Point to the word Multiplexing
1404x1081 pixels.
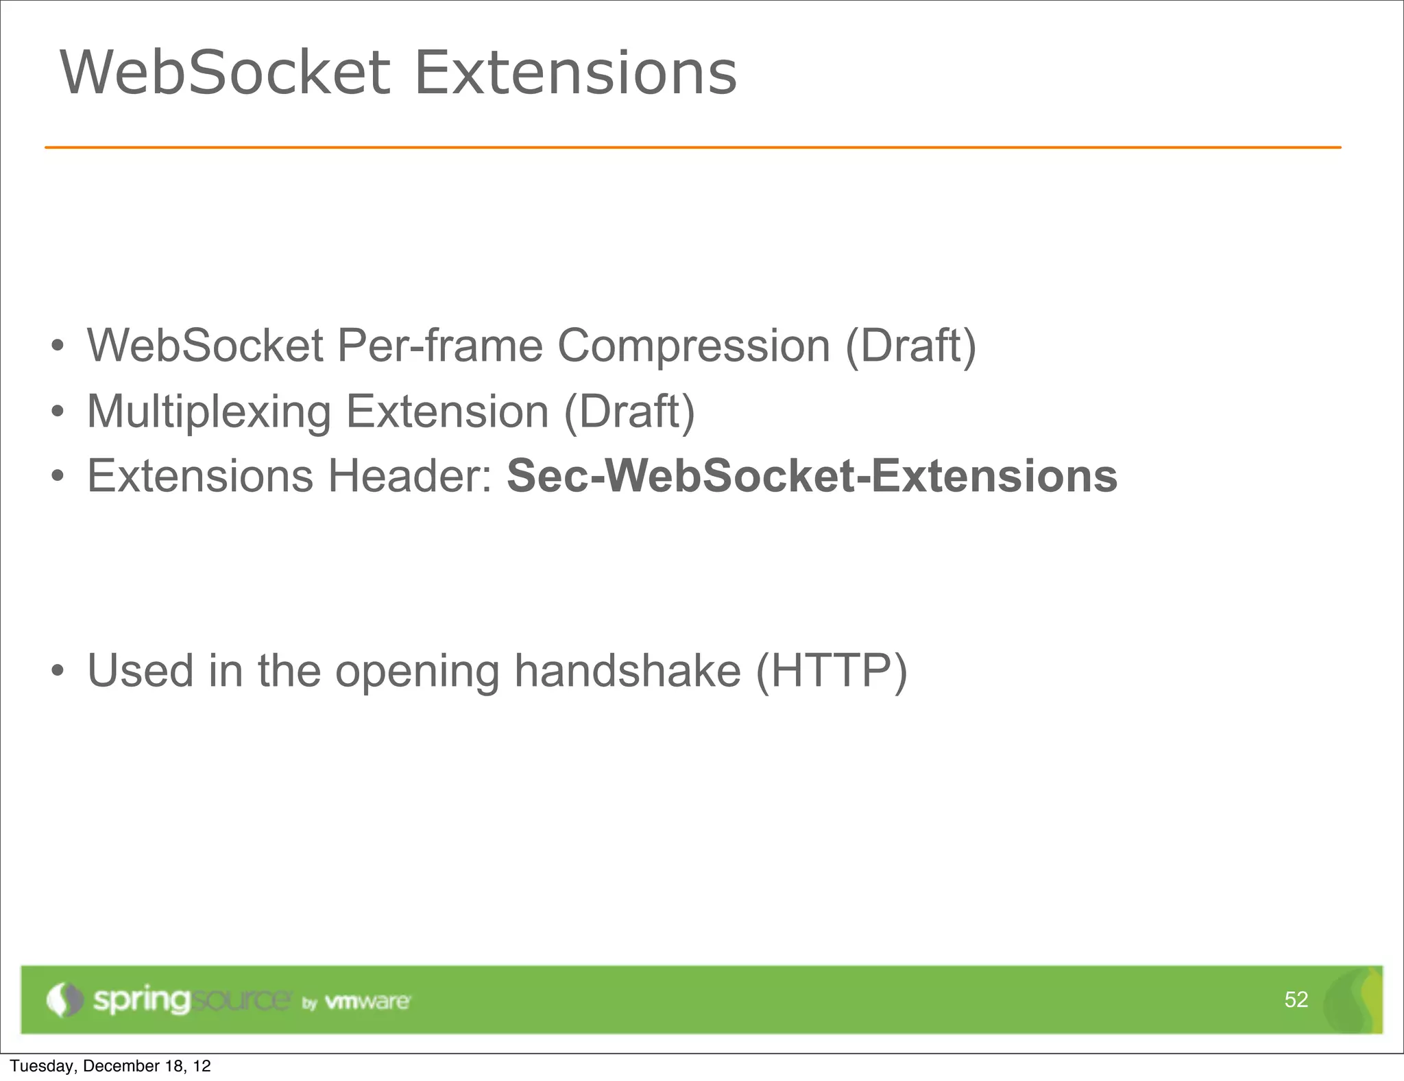pos(208,412)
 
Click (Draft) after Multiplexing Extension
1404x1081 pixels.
pos(629,412)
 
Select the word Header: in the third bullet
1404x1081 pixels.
pos(410,476)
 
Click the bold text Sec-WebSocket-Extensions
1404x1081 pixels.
pos(812,476)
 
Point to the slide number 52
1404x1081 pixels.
pos(1296,999)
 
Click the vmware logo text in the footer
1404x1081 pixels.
pos(367,1001)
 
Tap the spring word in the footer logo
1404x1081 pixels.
pos(141,1000)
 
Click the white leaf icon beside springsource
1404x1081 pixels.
pos(64,999)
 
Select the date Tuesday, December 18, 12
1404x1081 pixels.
pos(110,1066)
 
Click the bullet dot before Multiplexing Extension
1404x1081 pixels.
pos(58,412)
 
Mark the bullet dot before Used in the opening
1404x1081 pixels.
pos(58,671)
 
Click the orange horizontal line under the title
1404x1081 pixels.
pos(692,147)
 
